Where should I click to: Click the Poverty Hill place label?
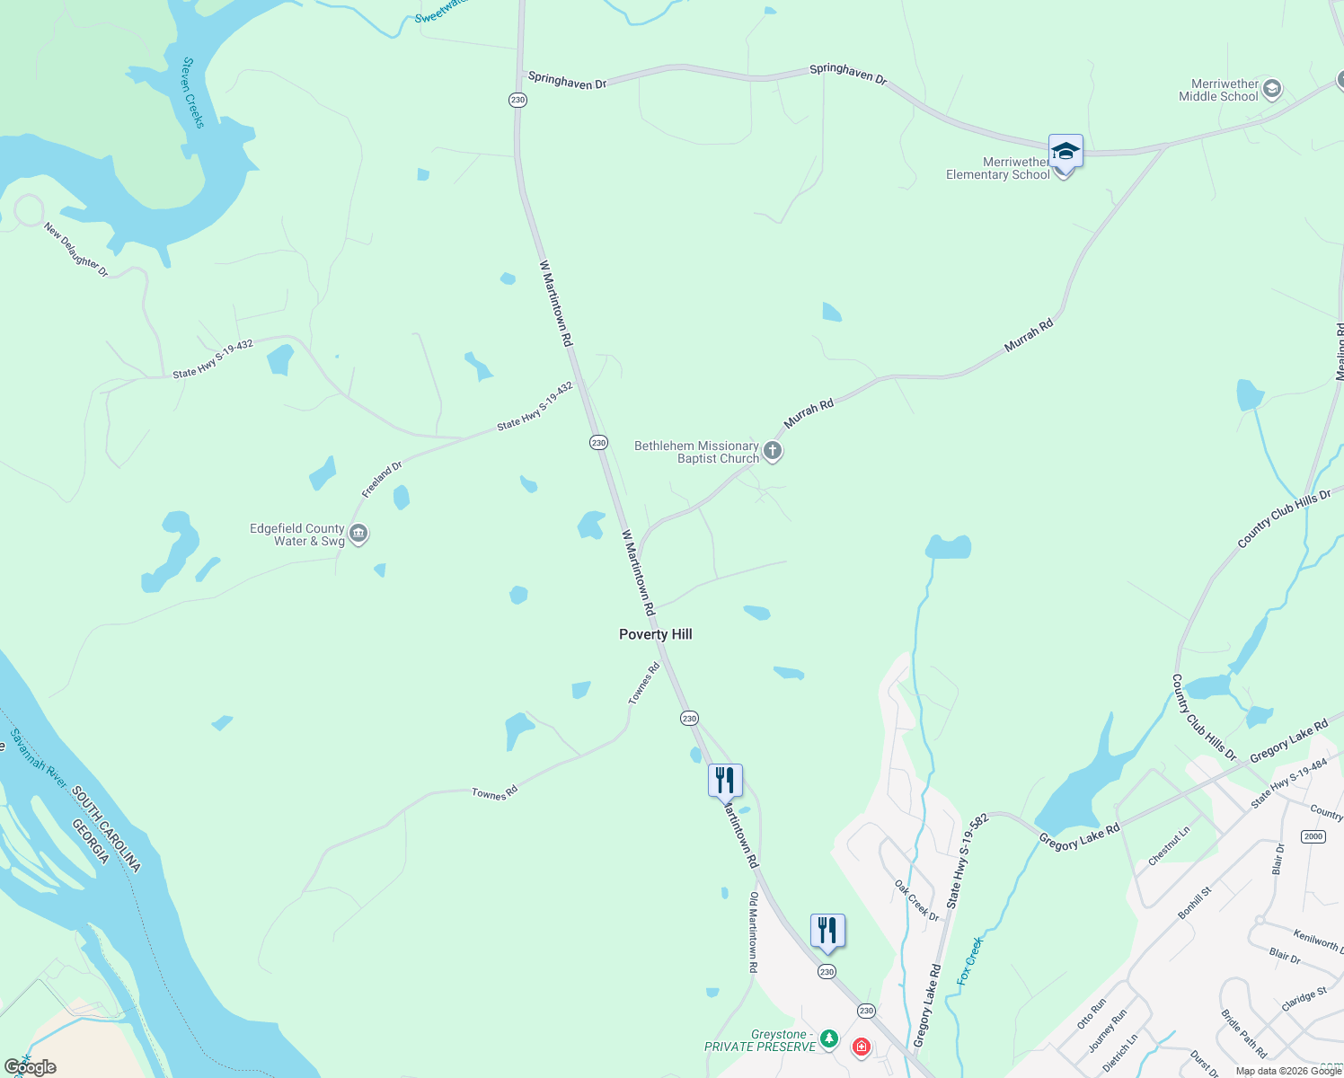pos(656,634)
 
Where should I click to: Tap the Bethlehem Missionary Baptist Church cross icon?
pos(773,450)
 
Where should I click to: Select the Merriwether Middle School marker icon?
pos(1271,89)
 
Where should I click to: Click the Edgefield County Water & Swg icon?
pos(358,535)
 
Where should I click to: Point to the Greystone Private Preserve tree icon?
pos(829,1039)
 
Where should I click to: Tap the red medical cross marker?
pos(862,1047)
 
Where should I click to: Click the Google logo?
pos(30,1066)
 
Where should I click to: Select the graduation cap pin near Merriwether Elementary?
pos(1065,151)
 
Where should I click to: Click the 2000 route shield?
pos(1313,836)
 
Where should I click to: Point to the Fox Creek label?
pos(970,960)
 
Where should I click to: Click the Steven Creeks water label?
pos(193,93)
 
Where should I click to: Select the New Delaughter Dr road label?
pos(76,250)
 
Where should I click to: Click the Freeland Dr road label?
pos(382,479)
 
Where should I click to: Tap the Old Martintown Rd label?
pos(754,932)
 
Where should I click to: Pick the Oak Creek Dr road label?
pos(916,900)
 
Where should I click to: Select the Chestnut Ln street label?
pos(1169,845)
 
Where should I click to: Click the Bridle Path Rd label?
pos(1243,1033)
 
